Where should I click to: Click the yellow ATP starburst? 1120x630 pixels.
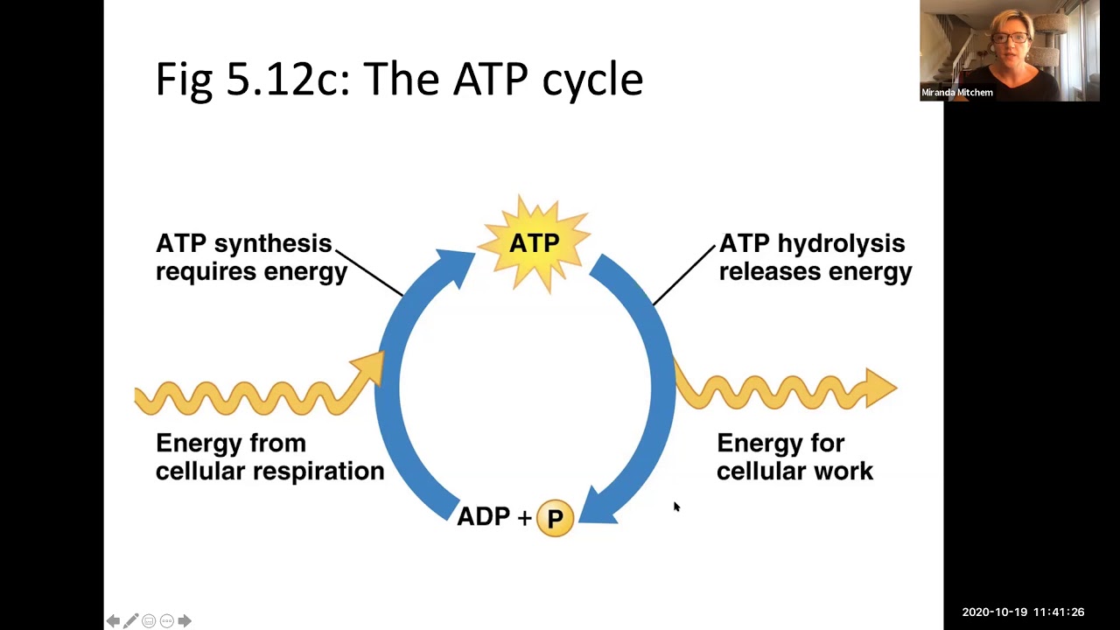pyautogui.click(x=535, y=243)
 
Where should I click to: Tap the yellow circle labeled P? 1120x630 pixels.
pyautogui.click(x=555, y=518)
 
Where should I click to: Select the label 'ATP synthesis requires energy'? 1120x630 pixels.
pyautogui.click(x=250, y=257)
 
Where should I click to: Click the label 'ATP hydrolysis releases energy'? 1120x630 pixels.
pyautogui.click(x=814, y=257)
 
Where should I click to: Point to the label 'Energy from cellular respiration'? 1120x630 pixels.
pyautogui.click(x=269, y=457)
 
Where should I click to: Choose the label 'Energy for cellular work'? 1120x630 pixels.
pyautogui.click(x=794, y=457)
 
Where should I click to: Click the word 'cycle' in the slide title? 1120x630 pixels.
pyautogui.click(x=592, y=80)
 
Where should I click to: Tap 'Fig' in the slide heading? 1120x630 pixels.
pyautogui.click(x=185, y=80)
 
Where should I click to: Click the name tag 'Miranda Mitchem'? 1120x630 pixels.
pyautogui.click(x=956, y=93)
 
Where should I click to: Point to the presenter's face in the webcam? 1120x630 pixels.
pyautogui.click(x=1013, y=39)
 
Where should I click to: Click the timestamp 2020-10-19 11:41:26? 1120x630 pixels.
pyautogui.click(x=1022, y=612)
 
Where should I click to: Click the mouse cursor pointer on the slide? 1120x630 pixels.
pyautogui.click(x=675, y=506)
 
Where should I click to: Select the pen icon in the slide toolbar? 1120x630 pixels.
pyautogui.click(x=131, y=621)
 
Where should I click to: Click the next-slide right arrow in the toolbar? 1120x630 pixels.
pyautogui.click(x=185, y=621)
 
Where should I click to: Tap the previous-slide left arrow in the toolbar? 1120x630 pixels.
pyautogui.click(x=113, y=621)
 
